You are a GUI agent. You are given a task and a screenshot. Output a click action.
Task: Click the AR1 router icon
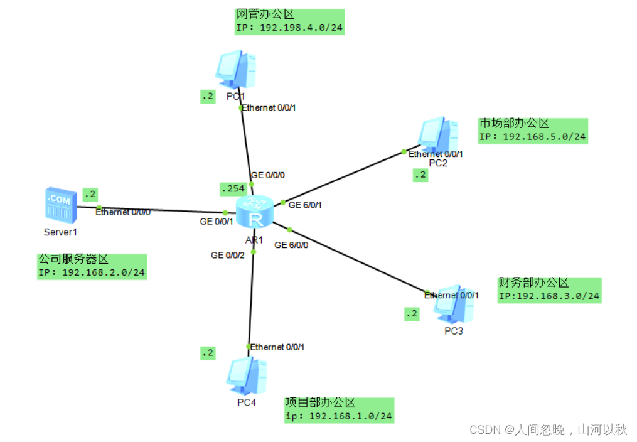(x=255, y=211)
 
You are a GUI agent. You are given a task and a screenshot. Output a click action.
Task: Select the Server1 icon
(x=60, y=205)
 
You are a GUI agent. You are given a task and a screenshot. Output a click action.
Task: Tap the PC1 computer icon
(x=235, y=70)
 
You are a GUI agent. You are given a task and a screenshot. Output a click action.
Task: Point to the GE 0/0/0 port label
(x=272, y=175)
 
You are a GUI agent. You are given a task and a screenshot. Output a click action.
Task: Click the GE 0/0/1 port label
(x=217, y=221)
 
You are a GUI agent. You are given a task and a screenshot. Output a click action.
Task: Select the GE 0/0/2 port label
(x=227, y=256)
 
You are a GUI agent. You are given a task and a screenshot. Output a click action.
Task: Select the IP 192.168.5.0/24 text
(x=532, y=137)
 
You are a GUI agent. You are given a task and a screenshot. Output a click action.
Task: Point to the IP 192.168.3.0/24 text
(x=549, y=296)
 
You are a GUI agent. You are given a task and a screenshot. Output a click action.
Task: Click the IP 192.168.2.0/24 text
(x=92, y=272)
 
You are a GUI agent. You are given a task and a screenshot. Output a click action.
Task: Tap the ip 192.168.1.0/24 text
(x=339, y=416)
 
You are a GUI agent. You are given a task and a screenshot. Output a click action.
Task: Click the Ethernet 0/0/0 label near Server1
(x=123, y=212)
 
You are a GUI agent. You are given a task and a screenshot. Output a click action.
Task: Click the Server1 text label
(x=60, y=232)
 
